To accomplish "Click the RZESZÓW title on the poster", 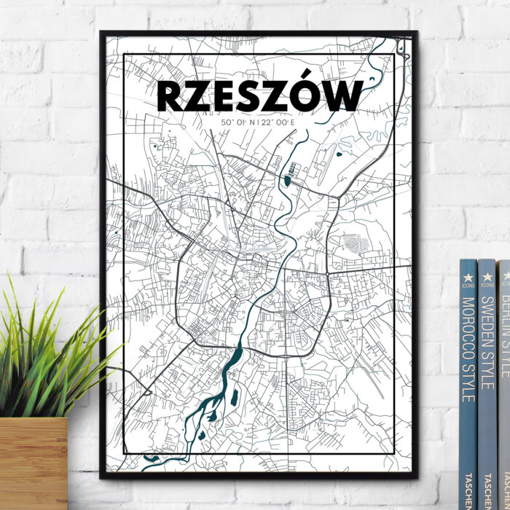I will (259, 96).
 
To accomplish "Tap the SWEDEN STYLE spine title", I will (487, 342).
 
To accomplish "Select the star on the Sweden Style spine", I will (487, 276).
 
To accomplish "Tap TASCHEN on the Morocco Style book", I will (468, 484).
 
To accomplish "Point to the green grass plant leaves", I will (51, 350).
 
